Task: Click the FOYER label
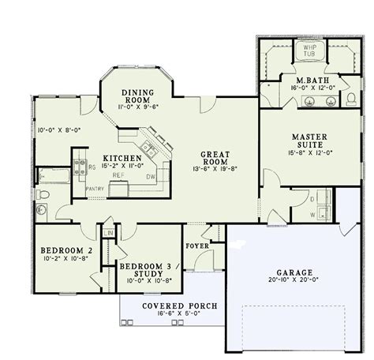(x=197, y=245)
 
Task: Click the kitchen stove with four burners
(x=80, y=167)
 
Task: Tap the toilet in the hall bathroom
(x=45, y=194)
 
